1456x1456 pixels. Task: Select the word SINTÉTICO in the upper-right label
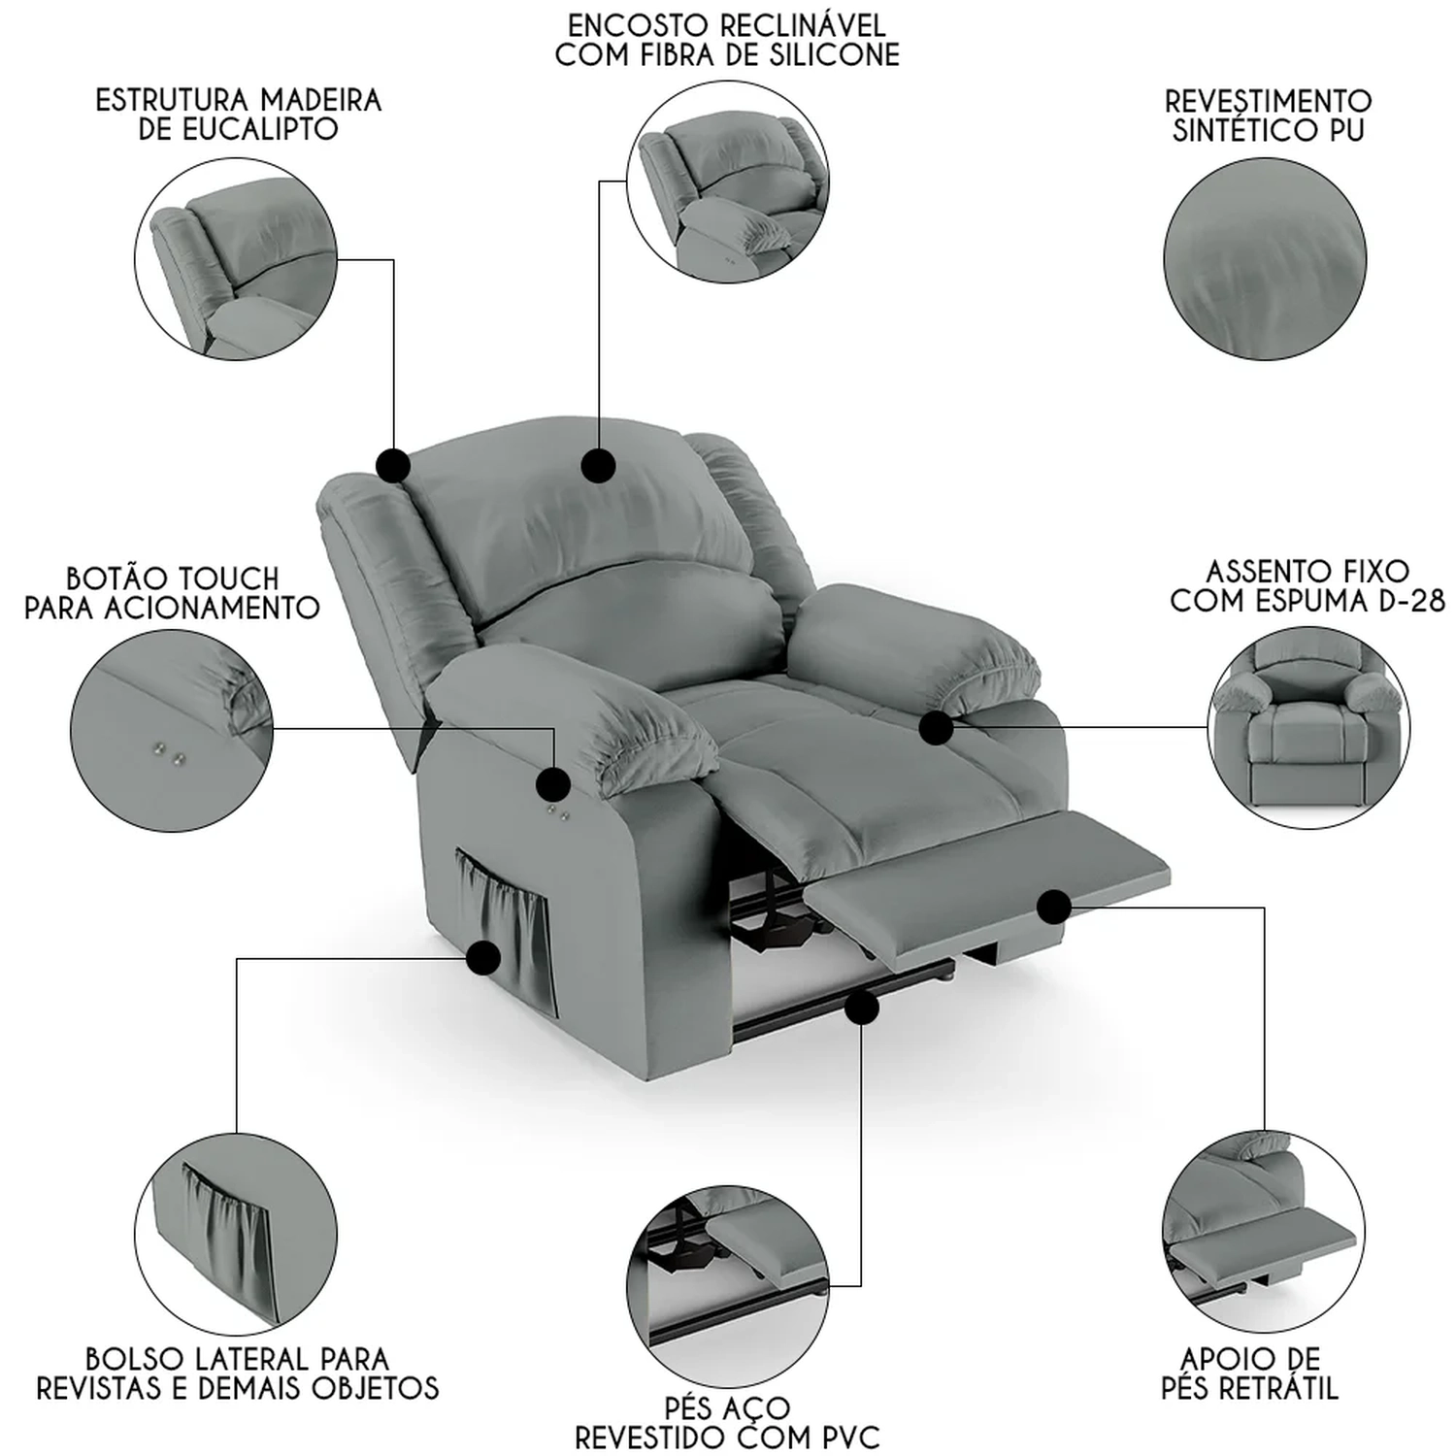tap(1241, 129)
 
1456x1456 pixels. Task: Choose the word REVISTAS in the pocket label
tap(103, 1388)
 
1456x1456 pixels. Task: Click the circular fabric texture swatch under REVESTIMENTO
tap(1265, 259)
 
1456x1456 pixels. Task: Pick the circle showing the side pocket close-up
tap(237, 1235)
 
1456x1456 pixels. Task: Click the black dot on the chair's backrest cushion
tap(598, 466)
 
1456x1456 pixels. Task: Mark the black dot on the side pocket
tap(482, 959)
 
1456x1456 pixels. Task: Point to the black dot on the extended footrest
tap(1053, 908)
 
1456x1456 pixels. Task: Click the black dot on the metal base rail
tap(861, 1009)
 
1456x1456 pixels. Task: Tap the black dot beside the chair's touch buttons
tap(553, 783)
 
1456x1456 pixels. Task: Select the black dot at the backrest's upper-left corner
tap(393, 466)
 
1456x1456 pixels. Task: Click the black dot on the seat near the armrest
tap(936, 728)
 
